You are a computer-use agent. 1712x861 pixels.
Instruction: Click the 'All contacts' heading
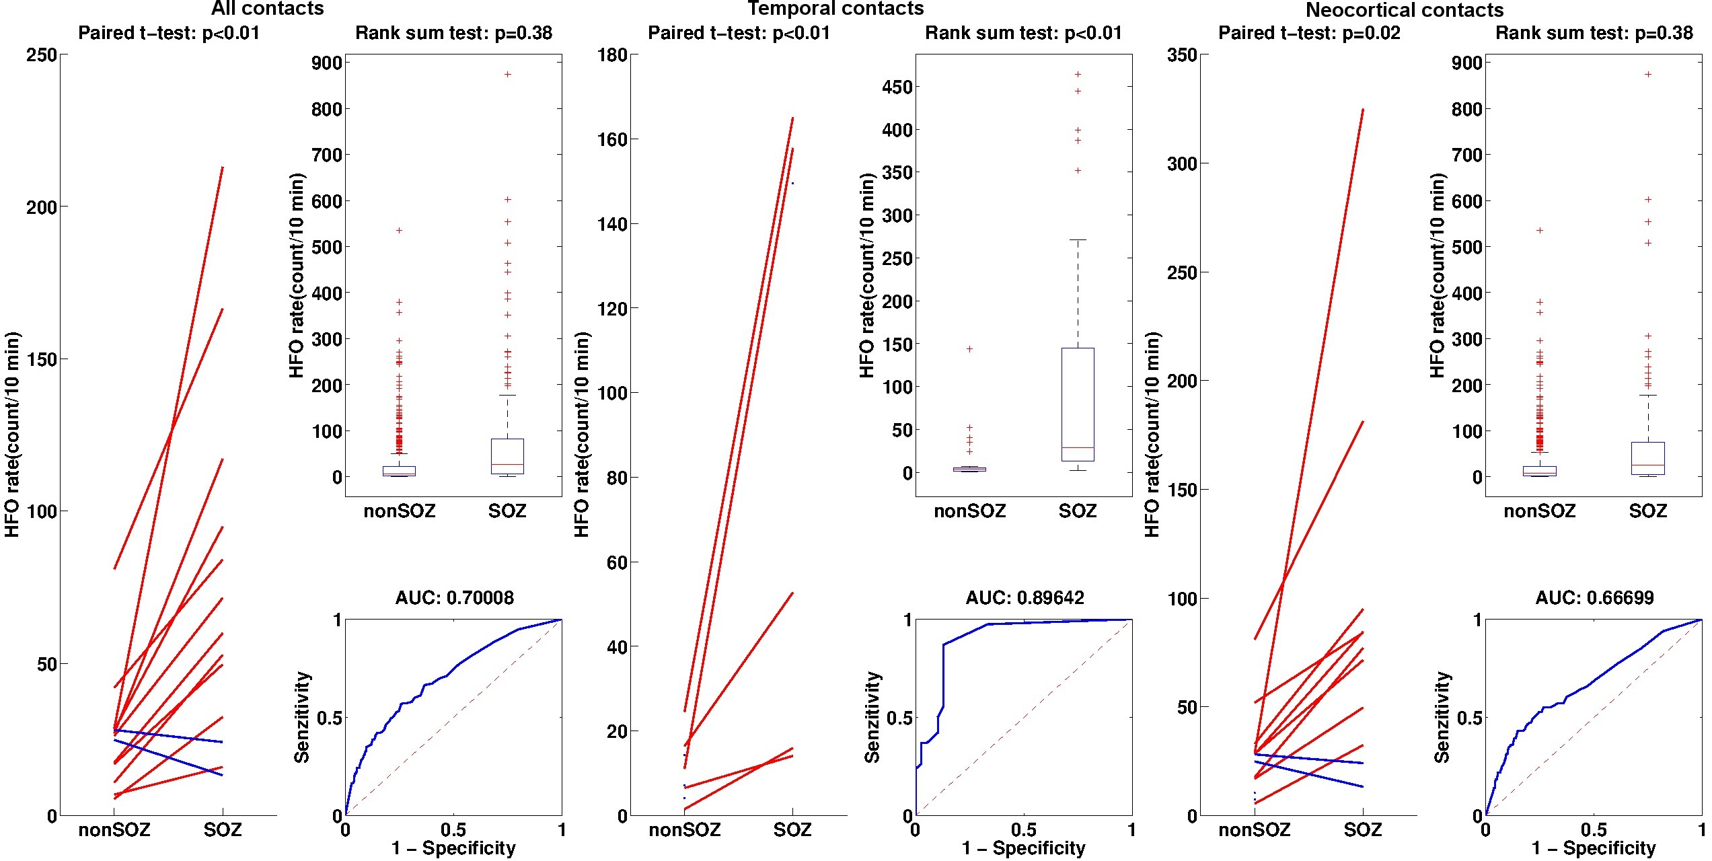click(x=267, y=9)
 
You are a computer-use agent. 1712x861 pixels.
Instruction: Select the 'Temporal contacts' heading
click(x=835, y=9)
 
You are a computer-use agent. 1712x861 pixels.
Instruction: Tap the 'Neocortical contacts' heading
click(x=1405, y=10)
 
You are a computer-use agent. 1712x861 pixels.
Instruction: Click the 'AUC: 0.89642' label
click(x=1025, y=597)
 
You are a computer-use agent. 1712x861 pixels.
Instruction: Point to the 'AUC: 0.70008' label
click(x=454, y=597)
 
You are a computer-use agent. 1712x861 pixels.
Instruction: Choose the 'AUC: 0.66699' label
click(x=1594, y=597)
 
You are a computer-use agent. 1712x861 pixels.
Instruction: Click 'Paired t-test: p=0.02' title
click(x=1309, y=33)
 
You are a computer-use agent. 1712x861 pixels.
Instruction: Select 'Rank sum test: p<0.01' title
click(x=1023, y=33)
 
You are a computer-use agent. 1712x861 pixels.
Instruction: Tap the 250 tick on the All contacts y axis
click(x=42, y=54)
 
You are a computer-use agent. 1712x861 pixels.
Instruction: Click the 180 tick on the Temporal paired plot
click(x=612, y=54)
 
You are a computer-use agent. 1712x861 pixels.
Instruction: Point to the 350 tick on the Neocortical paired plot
click(x=1182, y=54)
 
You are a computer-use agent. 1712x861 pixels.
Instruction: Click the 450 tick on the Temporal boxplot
click(x=897, y=87)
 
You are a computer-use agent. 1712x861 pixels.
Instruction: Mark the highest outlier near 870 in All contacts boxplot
click(x=508, y=74)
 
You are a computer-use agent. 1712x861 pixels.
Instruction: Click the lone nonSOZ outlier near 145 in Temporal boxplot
click(x=969, y=348)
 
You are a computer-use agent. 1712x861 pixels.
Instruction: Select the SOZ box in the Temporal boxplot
click(x=1078, y=404)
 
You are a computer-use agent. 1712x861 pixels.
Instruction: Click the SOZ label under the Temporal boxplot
click(x=1078, y=511)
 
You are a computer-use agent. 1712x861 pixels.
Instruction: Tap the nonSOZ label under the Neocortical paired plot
click(x=1255, y=830)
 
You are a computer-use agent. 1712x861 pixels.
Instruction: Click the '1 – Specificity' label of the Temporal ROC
click(x=1023, y=848)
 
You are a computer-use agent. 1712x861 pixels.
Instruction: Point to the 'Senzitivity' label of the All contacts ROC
click(x=303, y=717)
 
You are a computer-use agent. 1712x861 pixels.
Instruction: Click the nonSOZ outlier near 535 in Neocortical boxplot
click(x=1540, y=230)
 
